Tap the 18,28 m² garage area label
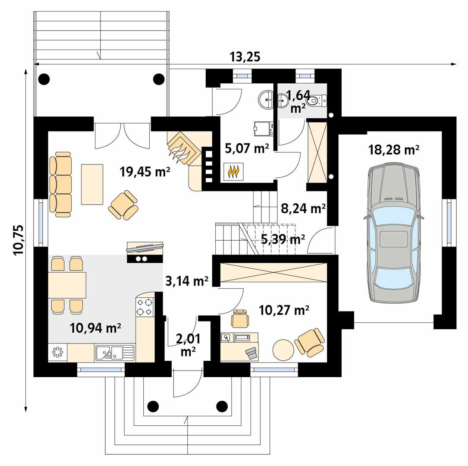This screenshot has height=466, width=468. (394, 150)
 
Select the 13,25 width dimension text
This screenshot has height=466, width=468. (245, 57)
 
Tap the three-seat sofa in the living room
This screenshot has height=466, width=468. (60, 181)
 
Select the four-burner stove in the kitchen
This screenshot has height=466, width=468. (145, 307)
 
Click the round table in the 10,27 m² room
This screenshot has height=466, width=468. (283, 349)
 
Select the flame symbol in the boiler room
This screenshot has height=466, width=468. (233, 171)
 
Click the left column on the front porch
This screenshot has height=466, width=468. (152, 406)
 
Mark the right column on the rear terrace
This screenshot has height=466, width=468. (159, 79)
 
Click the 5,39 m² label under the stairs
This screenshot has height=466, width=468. (283, 238)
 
